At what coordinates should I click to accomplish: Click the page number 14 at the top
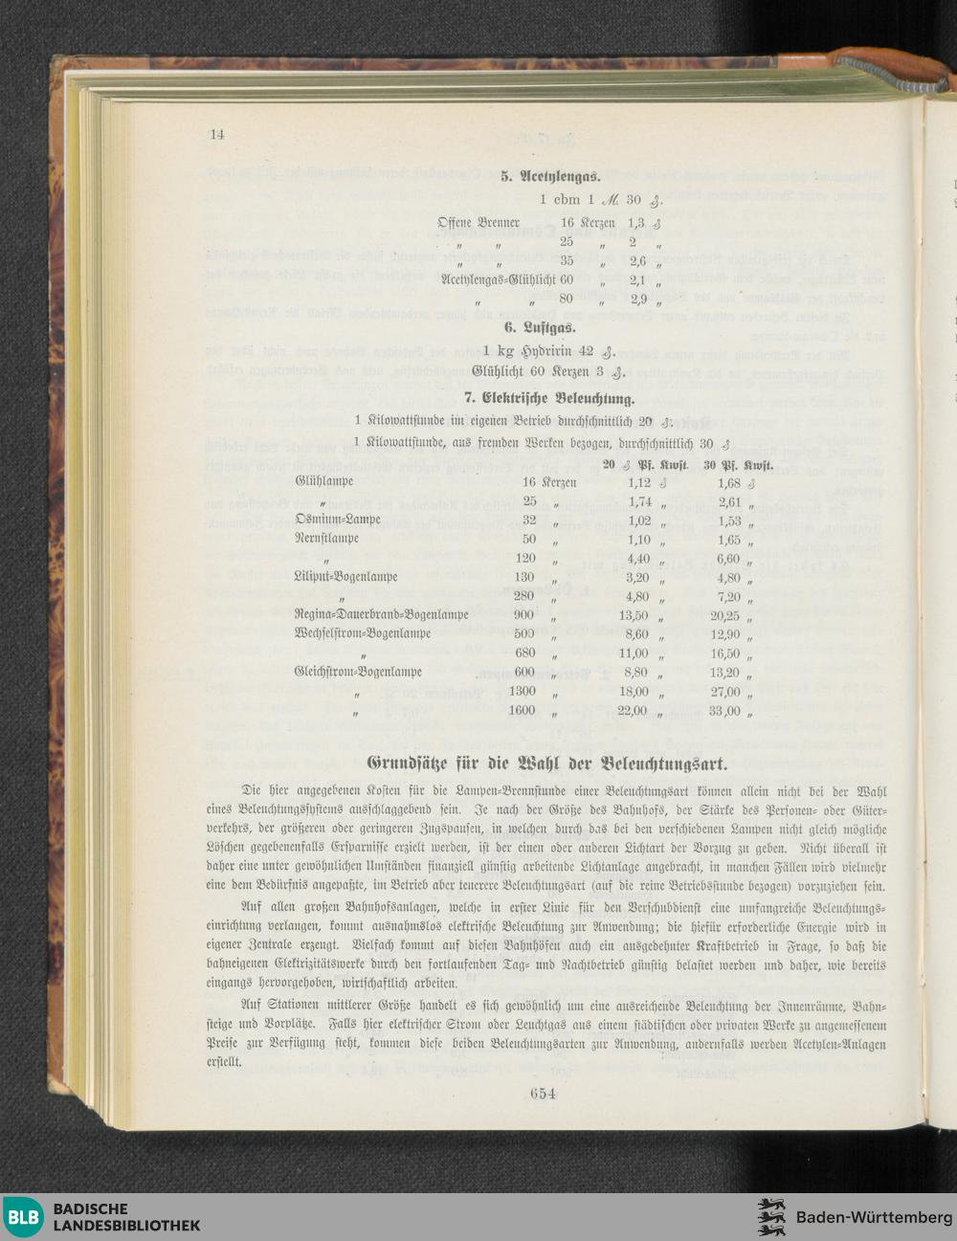point(216,134)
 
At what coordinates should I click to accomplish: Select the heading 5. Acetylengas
point(549,177)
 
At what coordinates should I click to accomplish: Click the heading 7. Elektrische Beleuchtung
point(549,398)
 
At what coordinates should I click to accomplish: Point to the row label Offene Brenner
point(478,223)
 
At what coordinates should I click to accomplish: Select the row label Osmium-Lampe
point(338,520)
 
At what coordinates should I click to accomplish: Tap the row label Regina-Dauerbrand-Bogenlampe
point(382,614)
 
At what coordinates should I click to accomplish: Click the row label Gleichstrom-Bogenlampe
point(359,672)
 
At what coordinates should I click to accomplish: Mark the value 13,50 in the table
point(634,615)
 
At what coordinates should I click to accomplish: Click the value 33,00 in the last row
point(724,711)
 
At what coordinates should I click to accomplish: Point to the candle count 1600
point(522,711)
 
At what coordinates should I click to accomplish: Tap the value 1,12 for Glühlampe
point(639,483)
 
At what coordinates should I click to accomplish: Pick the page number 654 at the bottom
point(542,1094)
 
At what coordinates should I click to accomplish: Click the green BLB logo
point(23,1217)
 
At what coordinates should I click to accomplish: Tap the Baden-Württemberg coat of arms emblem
point(771,1217)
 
